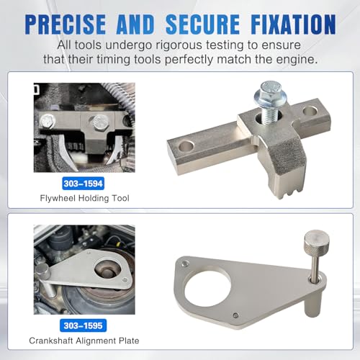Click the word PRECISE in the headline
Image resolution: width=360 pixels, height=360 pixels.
click(x=65, y=24)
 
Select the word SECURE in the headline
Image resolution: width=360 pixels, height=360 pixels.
click(x=202, y=24)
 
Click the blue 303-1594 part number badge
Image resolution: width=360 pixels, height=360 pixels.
click(x=84, y=184)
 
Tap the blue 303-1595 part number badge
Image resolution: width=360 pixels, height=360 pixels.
click(x=83, y=325)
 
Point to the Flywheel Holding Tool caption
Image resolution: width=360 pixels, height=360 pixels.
click(x=84, y=198)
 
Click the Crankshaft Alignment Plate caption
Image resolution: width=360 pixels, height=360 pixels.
click(x=84, y=341)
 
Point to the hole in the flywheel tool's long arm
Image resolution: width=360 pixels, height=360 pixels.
click(x=186, y=146)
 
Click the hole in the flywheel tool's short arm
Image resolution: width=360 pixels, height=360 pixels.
click(x=310, y=112)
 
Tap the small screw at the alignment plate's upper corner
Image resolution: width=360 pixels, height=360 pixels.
click(x=184, y=264)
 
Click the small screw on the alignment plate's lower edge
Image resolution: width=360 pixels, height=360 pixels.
click(x=235, y=315)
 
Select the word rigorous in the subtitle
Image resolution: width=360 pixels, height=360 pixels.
click(x=184, y=45)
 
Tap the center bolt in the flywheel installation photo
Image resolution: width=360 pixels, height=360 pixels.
click(x=100, y=122)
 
